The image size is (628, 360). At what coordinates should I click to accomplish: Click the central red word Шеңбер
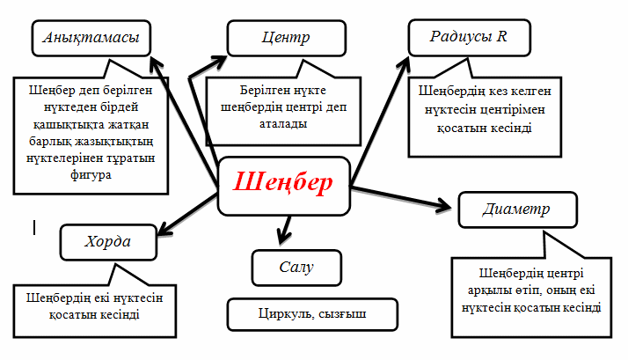click(283, 183)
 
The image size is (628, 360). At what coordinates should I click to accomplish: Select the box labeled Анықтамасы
click(91, 39)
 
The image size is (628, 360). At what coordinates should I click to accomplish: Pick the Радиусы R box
click(469, 38)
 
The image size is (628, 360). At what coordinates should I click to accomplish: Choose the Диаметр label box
click(516, 210)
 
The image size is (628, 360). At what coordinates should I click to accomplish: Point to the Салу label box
click(296, 265)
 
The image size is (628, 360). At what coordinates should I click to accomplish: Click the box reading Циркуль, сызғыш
click(312, 313)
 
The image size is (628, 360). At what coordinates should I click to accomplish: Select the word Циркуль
click(283, 313)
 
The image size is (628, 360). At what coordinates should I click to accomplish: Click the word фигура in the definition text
click(91, 174)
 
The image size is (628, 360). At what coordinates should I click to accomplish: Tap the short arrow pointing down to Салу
click(282, 231)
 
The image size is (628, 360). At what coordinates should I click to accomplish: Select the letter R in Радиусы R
click(501, 38)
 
